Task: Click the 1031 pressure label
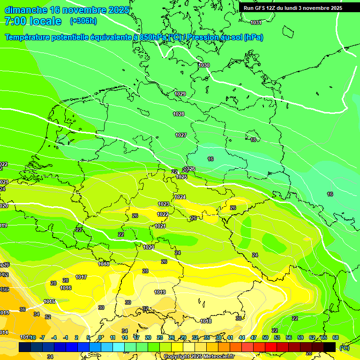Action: tap(256, 22)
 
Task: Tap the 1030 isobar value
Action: tap(204, 65)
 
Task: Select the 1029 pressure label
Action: tap(180, 94)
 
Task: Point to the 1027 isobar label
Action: tap(181, 135)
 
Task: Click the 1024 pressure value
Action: tap(180, 197)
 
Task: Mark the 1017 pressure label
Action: tap(81, 277)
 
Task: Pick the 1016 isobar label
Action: tap(66, 288)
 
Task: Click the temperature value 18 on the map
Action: tap(254, 140)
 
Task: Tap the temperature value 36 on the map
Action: tap(22, 309)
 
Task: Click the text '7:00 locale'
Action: tap(33, 21)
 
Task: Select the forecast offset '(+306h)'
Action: tap(83, 21)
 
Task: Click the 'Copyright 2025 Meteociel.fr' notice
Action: tap(199, 357)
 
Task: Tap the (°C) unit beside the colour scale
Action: tap(344, 348)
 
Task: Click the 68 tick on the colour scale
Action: tap(335, 337)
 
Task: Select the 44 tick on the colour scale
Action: tap(241, 337)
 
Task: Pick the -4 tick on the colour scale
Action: tap(54, 337)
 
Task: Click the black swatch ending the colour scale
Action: tap(330, 347)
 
